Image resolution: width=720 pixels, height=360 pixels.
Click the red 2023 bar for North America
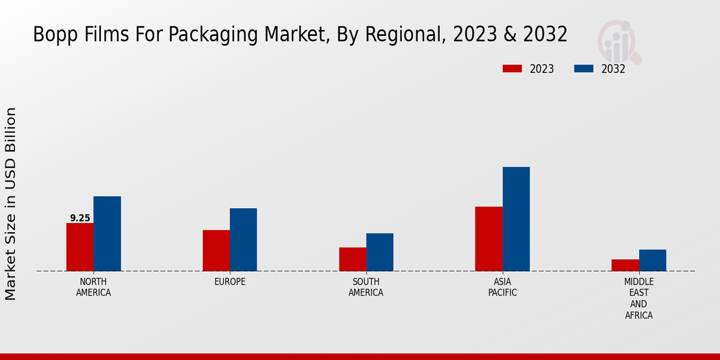click(x=80, y=247)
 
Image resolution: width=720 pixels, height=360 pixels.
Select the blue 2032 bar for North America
click(x=107, y=234)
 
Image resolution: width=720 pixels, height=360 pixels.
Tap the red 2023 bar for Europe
click(x=216, y=251)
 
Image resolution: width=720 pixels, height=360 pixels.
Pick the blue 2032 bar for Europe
click(x=243, y=240)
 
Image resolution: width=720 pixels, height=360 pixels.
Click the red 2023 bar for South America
click(x=352, y=259)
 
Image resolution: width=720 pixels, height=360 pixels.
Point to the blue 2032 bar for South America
click(x=380, y=252)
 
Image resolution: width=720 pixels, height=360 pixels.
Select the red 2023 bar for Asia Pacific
click(x=488, y=239)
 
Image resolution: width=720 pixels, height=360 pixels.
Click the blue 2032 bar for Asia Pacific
click(x=516, y=219)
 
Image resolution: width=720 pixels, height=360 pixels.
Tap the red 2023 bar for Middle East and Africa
click(x=625, y=265)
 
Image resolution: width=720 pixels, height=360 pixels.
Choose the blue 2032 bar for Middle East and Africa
click(x=652, y=260)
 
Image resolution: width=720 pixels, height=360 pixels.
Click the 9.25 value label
click(x=80, y=218)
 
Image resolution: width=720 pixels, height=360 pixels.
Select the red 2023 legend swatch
click(x=512, y=69)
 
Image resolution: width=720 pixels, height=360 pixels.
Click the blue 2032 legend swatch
click(x=584, y=69)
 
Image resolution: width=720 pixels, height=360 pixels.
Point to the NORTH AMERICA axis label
click(x=94, y=287)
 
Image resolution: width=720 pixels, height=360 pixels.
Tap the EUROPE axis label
click(x=230, y=282)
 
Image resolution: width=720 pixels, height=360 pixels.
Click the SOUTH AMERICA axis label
click(x=366, y=287)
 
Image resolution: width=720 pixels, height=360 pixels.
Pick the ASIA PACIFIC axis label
click(x=502, y=287)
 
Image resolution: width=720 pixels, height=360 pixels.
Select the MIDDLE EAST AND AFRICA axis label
click(x=639, y=298)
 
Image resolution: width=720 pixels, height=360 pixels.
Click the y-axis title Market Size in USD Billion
click(x=11, y=204)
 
